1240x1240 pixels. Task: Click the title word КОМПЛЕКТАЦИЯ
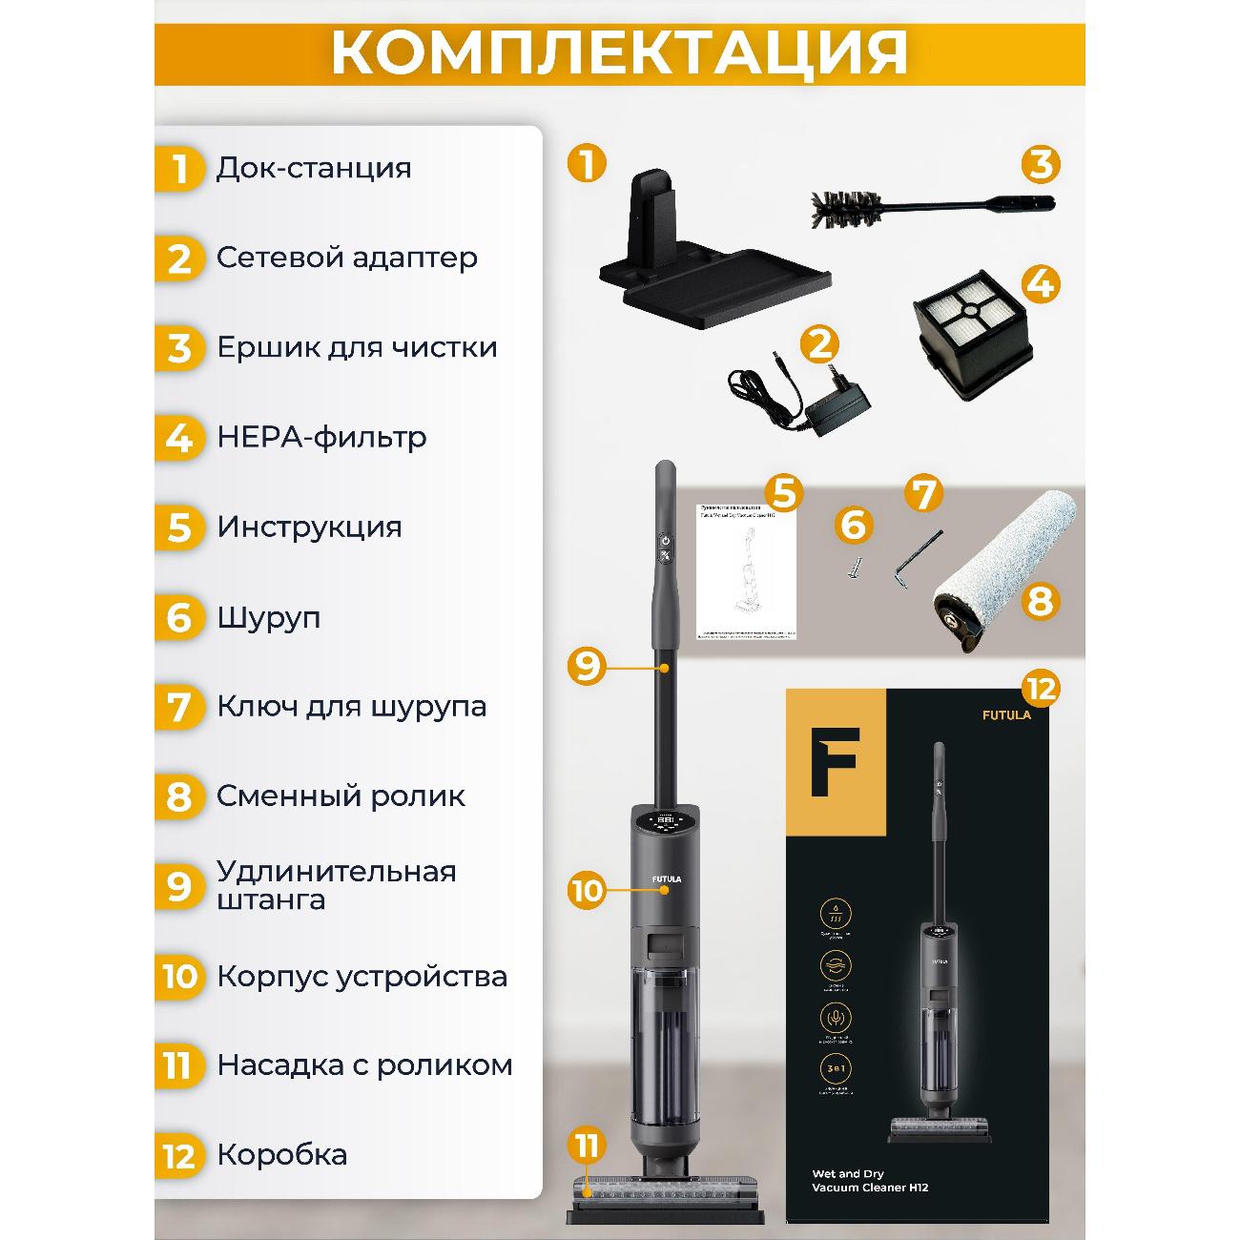[x=619, y=52]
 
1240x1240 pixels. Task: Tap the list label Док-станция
[x=314, y=168]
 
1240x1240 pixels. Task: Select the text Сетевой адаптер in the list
[x=346, y=258]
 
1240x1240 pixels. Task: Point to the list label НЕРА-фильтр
[x=321, y=438]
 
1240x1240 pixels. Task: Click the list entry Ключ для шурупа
[x=351, y=707]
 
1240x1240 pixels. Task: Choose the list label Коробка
[x=281, y=1154]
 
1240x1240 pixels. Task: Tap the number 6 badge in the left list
[x=179, y=618]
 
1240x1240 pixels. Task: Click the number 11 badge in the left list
[x=178, y=1065]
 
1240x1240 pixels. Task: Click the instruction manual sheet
[x=745, y=568]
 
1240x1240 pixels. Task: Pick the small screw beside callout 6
[x=851, y=568]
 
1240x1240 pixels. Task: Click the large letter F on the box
[x=835, y=762]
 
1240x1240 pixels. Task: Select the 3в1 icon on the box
[x=836, y=1066]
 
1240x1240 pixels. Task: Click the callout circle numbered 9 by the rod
[x=587, y=665]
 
